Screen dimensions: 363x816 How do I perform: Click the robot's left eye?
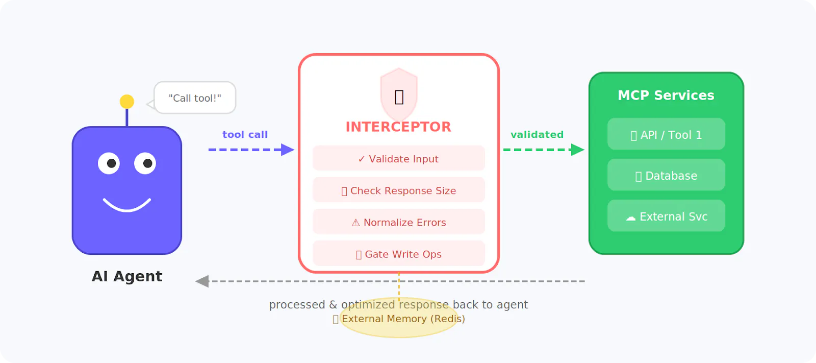pos(109,163)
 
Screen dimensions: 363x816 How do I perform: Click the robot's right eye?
pos(145,163)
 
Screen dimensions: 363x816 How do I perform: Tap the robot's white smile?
pos(127,206)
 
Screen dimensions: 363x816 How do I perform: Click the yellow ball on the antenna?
pos(127,102)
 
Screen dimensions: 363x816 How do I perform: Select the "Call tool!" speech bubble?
pos(195,98)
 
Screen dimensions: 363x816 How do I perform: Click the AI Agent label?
pos(127,276)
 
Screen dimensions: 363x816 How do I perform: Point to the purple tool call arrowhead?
pos(288,150)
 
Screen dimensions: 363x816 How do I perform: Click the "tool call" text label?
pos(245,135)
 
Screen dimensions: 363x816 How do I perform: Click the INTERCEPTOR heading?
pos(398,127)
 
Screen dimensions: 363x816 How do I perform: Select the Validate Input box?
pos(398,158)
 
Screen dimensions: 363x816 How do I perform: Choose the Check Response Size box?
pos(398,190)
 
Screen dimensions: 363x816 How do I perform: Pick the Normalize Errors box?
pos(398,222)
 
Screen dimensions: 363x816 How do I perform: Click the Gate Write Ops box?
pos(398,254)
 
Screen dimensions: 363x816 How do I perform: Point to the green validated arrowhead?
pos(577,150)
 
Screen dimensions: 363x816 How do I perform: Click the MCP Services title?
pos(666,95)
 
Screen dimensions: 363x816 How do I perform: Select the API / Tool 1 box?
pos(666,134)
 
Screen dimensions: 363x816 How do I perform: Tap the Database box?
pos(666,175)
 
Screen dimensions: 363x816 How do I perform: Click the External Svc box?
pos(666,216)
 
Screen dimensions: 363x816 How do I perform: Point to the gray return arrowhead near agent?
pos(202,281)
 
